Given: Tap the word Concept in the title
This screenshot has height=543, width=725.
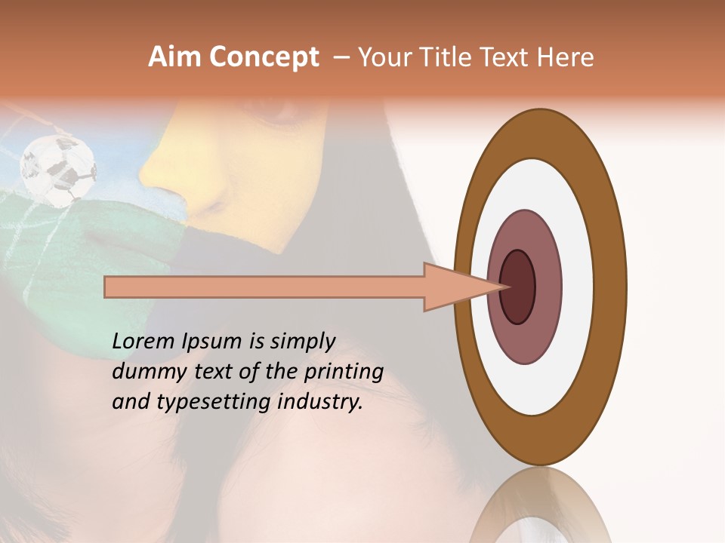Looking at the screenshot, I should [x=264, y=57].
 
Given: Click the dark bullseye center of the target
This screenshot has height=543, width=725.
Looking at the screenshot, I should [x=517, y=287].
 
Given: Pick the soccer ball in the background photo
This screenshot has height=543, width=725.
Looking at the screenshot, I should [x=58, y=170].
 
